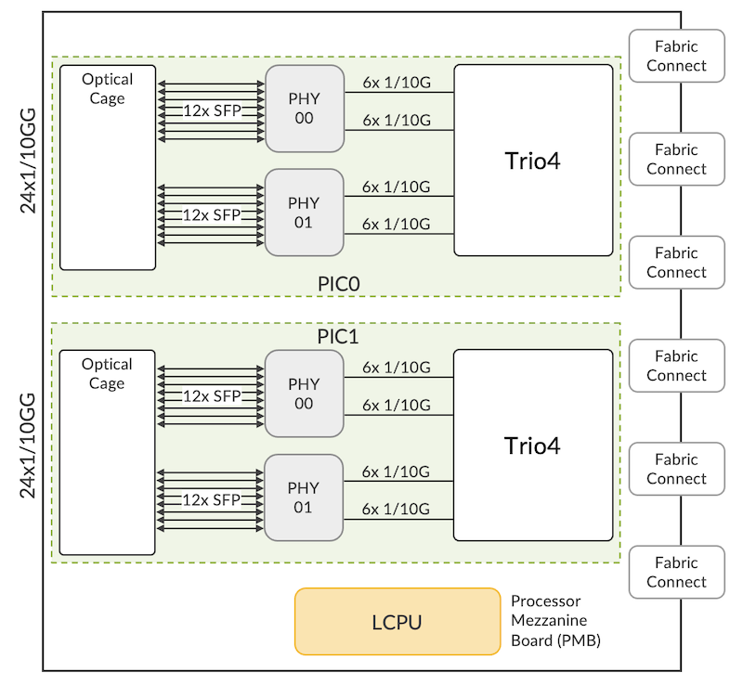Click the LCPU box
tap(398, 621)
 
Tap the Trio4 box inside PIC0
tap(533, 160)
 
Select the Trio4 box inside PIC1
tap(533, 445)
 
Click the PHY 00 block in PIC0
tap(304, 108)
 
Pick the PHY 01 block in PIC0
tap(304, 212)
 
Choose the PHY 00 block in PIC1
tap(304, 394)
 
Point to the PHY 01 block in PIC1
tap(304, 498)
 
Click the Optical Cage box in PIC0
tap(107, 167)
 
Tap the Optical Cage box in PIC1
tap(107, 452)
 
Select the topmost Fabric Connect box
tap(676, 56)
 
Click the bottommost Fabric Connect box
tap(676, 572)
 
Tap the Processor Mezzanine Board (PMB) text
tap(555, 620)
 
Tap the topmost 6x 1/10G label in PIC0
tap(397, 83)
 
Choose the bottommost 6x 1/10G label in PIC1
tap(397, 509)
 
